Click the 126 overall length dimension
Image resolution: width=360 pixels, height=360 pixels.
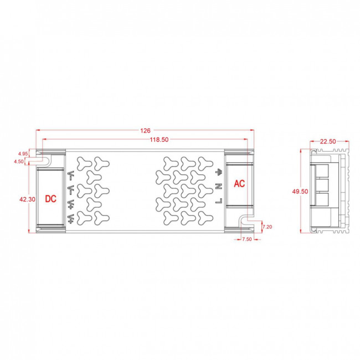pyautogui.click(x=145, y=131)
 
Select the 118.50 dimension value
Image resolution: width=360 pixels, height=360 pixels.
pyautogui.click(x=159, y=141)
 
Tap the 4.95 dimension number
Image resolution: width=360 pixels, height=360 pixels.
pyautogui.click(x=23, y=153)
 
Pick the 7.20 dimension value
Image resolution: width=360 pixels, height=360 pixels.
pyautogui.click(x=267, y=227)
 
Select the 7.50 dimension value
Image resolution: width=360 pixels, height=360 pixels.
pyautogui.click(x=246, y=240)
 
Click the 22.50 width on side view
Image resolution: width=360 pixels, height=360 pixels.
pyautogui.click(x=328, y=141)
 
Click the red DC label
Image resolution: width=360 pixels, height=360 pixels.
pyautogui.click(x=51, y=198)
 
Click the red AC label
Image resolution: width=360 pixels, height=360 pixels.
pyautogui.click(x=239, y=183)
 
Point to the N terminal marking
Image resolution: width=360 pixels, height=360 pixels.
pyautogui.click(x=219, y=186)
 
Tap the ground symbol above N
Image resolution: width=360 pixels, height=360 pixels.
pyautogui.click(x=219, y=171)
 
